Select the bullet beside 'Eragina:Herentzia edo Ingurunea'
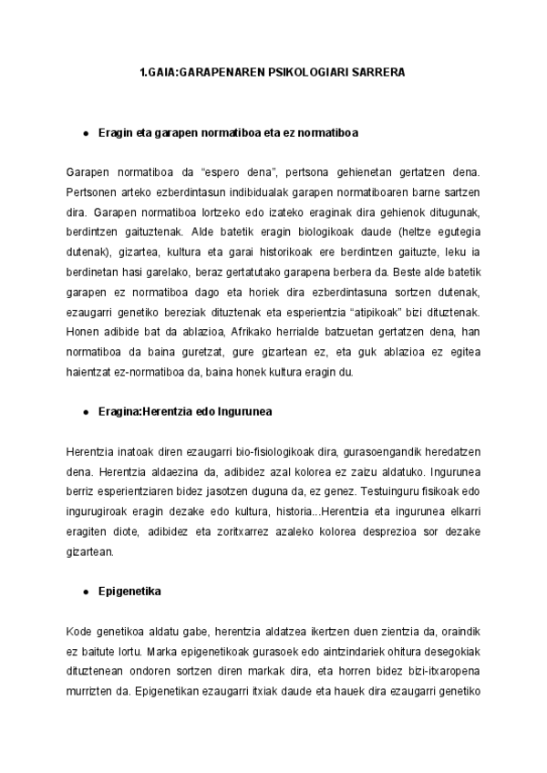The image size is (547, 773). (x=85, y=412)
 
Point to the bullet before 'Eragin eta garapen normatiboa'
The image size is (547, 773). (x=85, y=133)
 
